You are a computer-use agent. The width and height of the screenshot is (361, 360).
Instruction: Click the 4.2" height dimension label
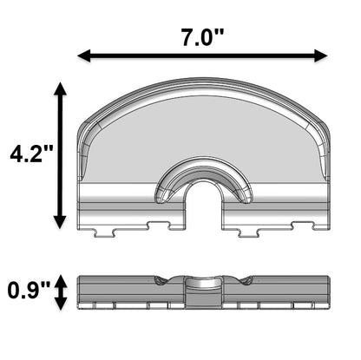[31, 155]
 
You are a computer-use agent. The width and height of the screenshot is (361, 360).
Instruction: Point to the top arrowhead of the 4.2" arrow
[60, 90]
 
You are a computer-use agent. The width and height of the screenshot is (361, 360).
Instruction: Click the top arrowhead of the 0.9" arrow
[60, 278]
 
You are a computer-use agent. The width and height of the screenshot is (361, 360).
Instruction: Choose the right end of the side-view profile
[331, 291]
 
